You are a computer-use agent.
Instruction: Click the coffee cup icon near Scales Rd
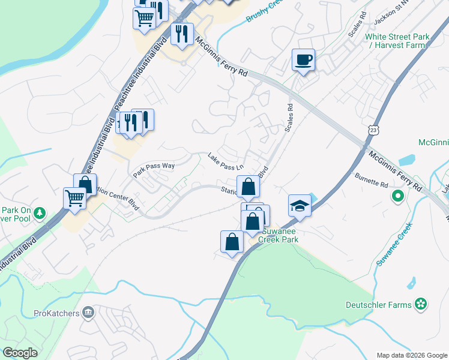point(303,60)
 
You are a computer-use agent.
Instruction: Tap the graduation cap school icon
point(300,206)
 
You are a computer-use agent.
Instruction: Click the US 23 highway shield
point(374,130)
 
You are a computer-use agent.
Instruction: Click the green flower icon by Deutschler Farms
point(421,304)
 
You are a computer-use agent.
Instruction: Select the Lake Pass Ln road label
point(226,161)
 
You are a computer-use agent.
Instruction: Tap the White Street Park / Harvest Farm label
point(397,41)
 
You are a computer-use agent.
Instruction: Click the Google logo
point(20,353)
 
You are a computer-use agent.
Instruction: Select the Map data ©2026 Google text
point(411,355)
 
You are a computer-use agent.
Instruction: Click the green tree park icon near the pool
point(40,212)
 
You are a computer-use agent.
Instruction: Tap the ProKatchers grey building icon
point(88,312)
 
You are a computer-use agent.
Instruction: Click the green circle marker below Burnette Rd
point(397,196)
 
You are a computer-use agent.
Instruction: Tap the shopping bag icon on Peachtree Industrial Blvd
point(85,185)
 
